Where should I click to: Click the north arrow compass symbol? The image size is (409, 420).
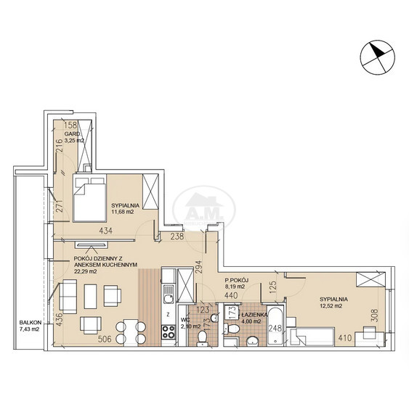tap(377, 57)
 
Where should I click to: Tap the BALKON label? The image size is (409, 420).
tap(30, 323)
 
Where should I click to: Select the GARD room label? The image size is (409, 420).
tap(72, 134)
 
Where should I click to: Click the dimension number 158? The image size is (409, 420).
tap(71, 125)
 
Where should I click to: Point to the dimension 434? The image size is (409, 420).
tap(105, 231)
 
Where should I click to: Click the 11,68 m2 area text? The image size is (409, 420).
tap(123, 212)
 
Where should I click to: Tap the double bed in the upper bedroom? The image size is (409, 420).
tap(89, 198)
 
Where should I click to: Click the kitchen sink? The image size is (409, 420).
tap(169, 294)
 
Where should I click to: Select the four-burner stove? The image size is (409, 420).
tap(169, 332)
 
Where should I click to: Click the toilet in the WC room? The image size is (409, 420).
tap(202, 338)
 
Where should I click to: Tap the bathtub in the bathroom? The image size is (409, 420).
tap(275, 326)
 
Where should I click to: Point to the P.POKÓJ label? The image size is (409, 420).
tap(237, 280)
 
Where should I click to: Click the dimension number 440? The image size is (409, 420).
tap(231, 295)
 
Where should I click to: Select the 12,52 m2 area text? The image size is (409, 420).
tap(331, 306)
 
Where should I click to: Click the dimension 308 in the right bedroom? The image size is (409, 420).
tap(375, 316)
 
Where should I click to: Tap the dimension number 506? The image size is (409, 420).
tap(105, 339)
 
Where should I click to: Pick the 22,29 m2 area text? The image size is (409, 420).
tap(85, 271)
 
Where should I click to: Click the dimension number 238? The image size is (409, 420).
tap(177, 236)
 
